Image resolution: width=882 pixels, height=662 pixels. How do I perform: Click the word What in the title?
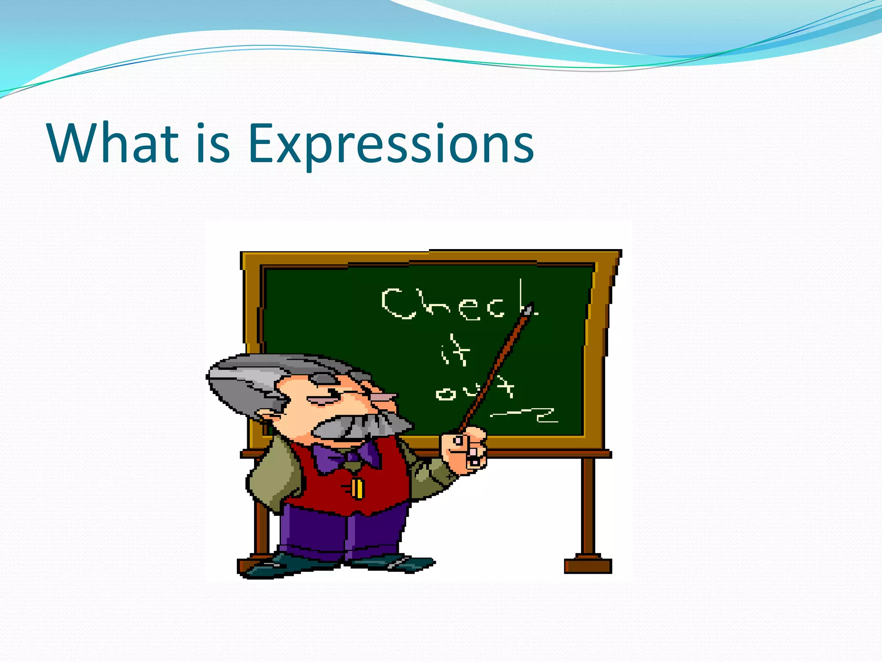[113, 143]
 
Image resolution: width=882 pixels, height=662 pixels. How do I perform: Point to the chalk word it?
[455, 351]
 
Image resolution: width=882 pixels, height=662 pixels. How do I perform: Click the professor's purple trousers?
[340, 534]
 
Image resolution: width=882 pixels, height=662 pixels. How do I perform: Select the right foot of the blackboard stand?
[588, 565]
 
